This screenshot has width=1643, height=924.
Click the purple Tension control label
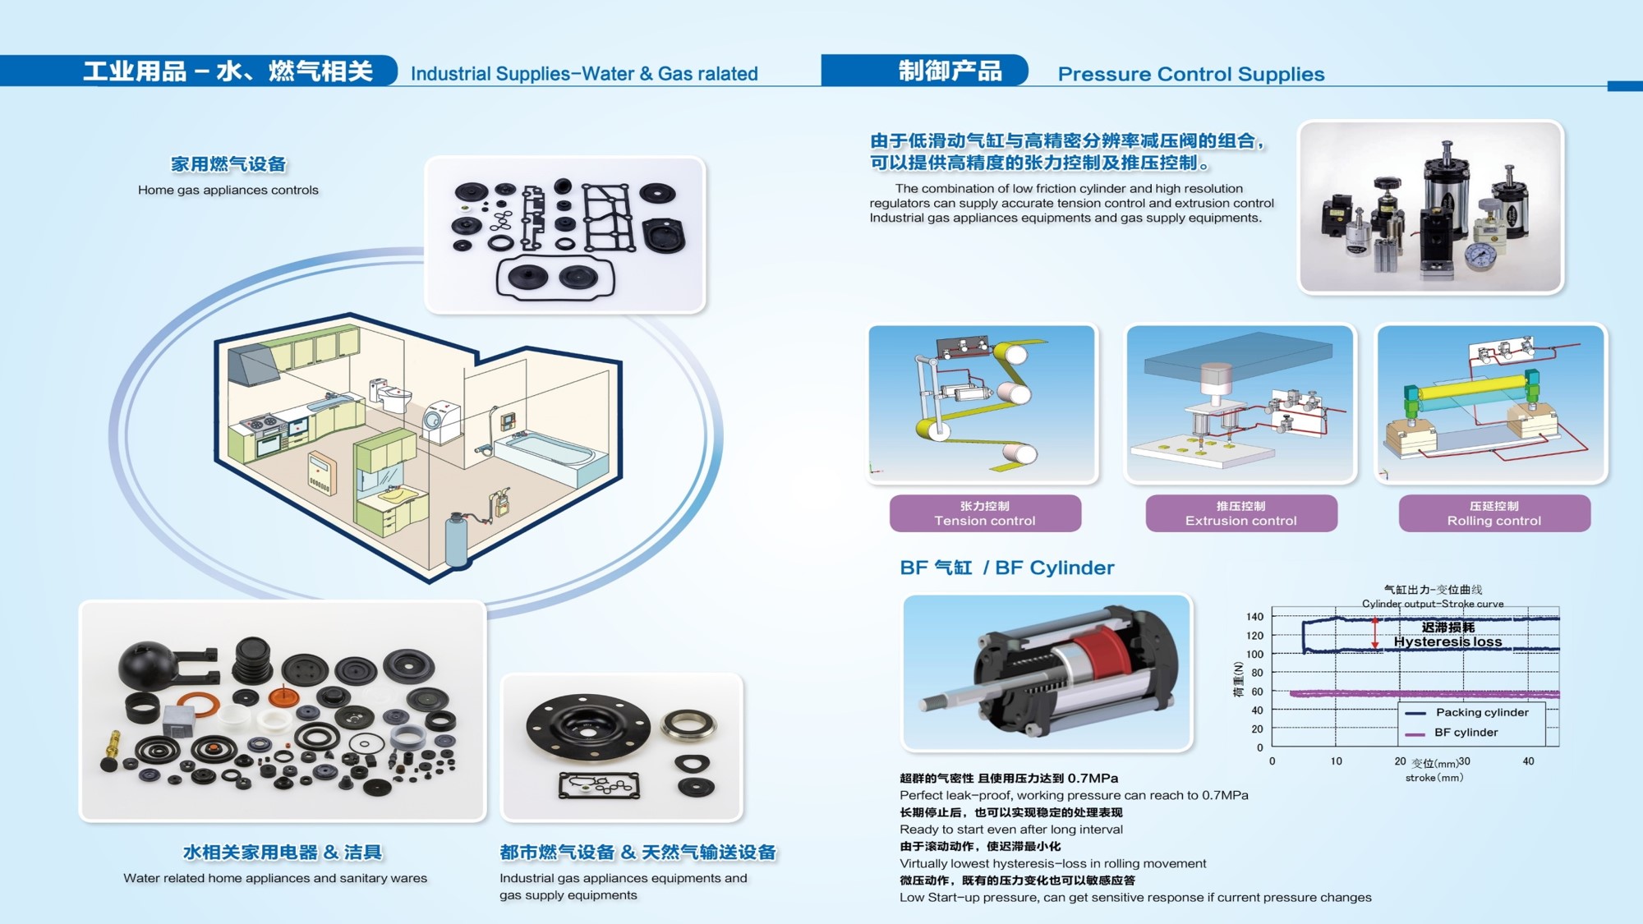click(985, 513)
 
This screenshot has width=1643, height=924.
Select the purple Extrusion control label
click(1241, 513)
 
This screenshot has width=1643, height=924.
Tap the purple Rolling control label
click(1494, 513)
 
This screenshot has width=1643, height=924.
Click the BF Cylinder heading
click(1007, 568)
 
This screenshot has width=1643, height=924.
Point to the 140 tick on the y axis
click(1254, 617)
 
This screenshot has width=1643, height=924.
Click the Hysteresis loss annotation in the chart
click(1447, 642)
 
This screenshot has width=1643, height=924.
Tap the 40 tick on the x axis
click(1528, 761)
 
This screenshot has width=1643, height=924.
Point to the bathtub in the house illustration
click(548, 457)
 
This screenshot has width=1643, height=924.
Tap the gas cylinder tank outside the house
click(457, 539)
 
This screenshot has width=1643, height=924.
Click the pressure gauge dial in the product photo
click(1481, 255)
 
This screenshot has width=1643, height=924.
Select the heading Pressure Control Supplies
click(1191, 74)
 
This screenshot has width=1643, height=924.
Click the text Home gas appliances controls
click(228, 190)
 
